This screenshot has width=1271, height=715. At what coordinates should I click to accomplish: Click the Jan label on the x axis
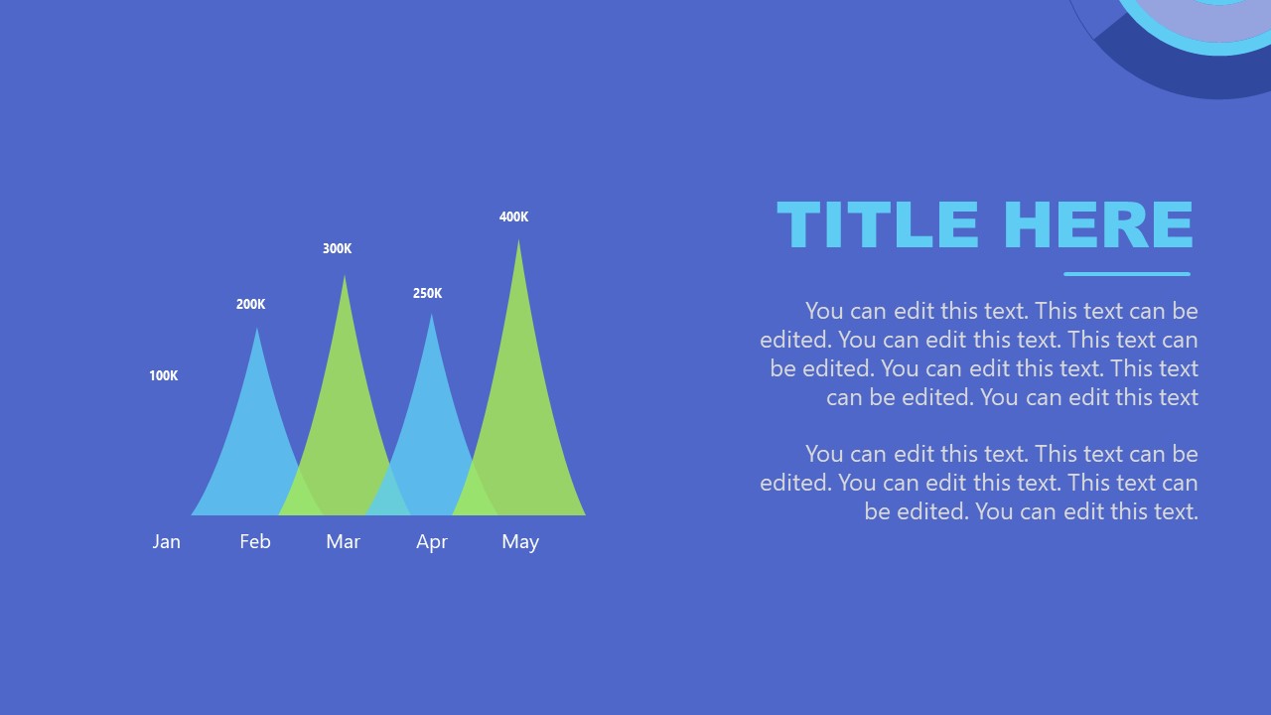click(x=166, y=541)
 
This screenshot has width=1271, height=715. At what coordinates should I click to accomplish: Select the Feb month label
click(x=254, y=541)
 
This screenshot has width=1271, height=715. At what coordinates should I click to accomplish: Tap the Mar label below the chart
click(x=343, y=541)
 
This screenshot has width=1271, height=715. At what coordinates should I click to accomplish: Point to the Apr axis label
click(x=431, y=541)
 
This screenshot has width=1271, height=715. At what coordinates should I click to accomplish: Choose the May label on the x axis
click(x=519, y=541)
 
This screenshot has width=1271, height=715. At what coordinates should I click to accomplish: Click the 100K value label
click(x=163, y=375)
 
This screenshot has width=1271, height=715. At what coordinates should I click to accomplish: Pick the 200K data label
click(x=250, y=304)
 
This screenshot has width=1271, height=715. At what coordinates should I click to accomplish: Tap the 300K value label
click(x=337, y=248)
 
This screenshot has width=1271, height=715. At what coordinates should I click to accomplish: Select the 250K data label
click(x=427, y=293)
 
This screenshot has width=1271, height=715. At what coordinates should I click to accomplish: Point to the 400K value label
click(x=513, y=216)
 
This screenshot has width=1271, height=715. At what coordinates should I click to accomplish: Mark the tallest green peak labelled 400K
click(x=519, y=397)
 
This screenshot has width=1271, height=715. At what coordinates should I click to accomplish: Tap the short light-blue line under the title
click(x=1126, y=274)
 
